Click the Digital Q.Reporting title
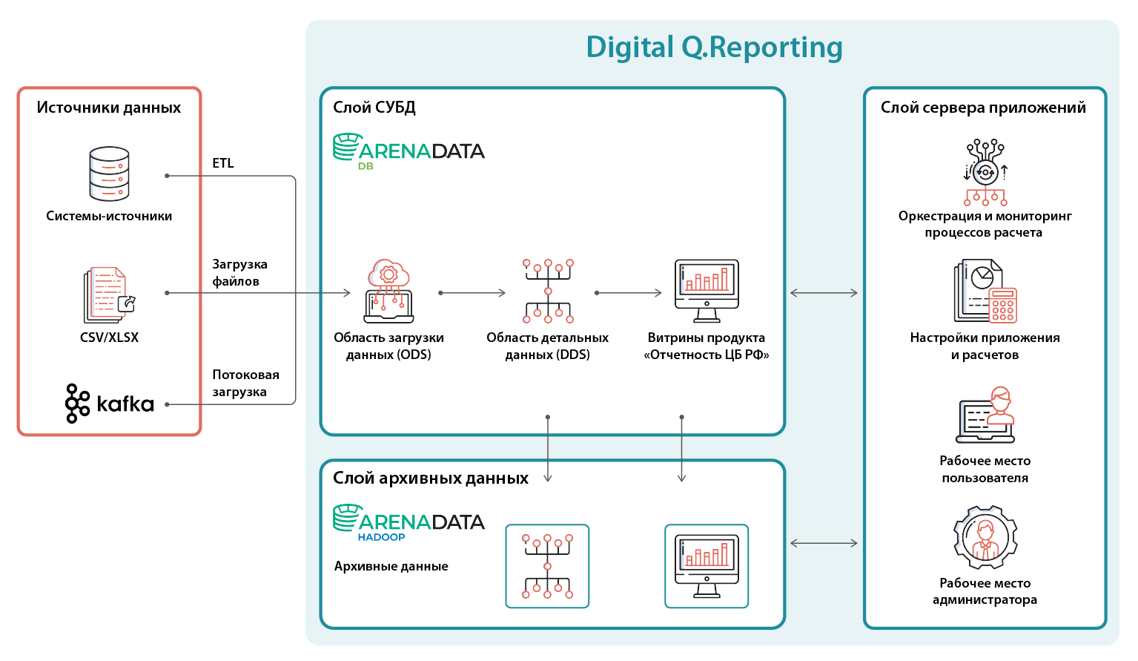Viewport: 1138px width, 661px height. tap(714, 47)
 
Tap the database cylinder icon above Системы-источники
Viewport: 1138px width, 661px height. tap(109, 174)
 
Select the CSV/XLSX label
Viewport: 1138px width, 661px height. tap(109, 338)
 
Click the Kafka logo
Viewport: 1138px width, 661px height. tap(109, 404)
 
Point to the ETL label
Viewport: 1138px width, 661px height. tap(223, 163)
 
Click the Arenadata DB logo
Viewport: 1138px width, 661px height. tap(408, 151)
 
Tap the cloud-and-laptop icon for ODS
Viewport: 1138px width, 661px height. tap(388, 291)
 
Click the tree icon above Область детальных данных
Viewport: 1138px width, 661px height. tap(548, 291)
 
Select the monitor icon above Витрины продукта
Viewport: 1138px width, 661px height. tap(707, 291)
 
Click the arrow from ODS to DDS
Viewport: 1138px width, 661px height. tap(472, 293)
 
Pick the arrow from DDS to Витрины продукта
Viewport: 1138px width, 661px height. tap(629, 293)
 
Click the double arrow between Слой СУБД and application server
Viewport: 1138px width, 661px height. tap(824, 293)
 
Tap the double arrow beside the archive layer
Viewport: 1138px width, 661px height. tap(824, 544)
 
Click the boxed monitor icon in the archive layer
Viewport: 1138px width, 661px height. tap(707, 567)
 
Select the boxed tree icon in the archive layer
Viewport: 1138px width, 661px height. tap(547, 567)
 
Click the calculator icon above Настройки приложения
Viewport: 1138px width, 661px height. tap(1003, 306)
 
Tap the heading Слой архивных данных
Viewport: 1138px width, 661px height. tap(431, 478)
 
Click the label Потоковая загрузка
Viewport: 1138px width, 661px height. tap(246, 384)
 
